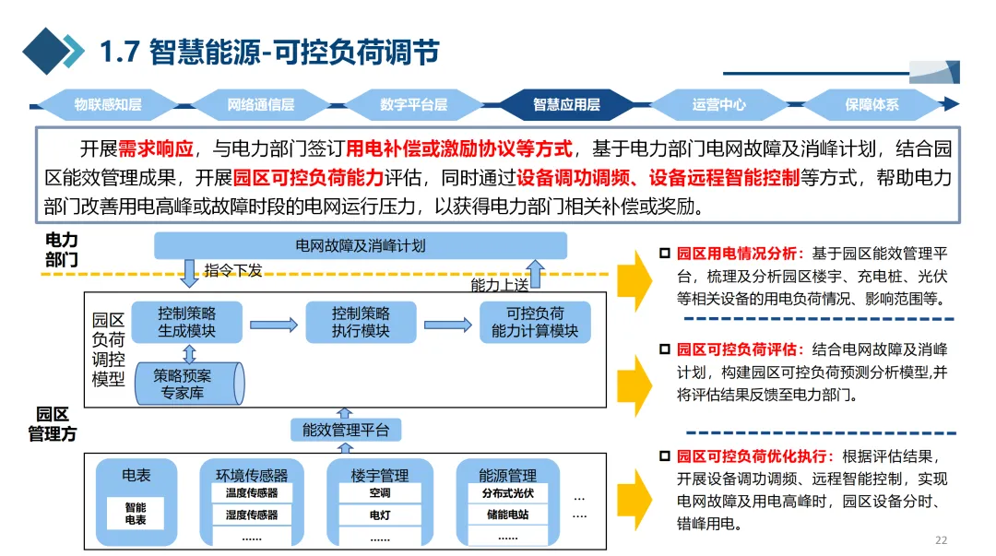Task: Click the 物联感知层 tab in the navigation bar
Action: (x=108, y=105)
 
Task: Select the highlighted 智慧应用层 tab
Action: (x=566, y=105)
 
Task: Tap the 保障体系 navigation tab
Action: (x=871, y=105)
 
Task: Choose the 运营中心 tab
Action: (x=719, y=105)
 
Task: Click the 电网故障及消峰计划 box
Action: (x=361, y=246)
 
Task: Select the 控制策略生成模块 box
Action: (x=186, y=322)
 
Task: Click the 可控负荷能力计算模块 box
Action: (x=535, y=322)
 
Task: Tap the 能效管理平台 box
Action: (x=346, y=430)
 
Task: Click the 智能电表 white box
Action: (x=135, y=514)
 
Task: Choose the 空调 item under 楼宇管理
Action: (x=379, y=493)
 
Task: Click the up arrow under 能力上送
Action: (x=535, y=275)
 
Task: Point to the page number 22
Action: (x=941, y=540)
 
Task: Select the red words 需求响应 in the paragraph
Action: (x=156, y=149)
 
